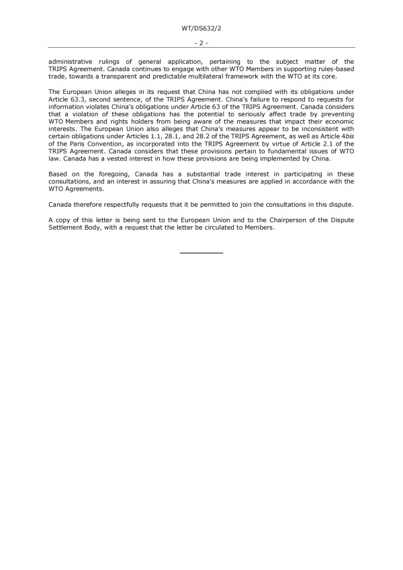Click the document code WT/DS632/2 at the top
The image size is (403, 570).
(201, 29)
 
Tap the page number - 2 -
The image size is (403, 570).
(201, 42)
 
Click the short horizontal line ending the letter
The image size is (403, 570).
(201, 252)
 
